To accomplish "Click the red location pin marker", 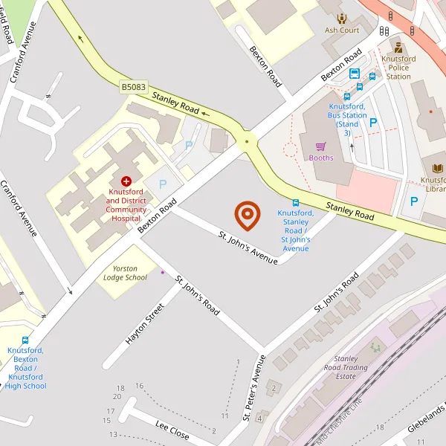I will pos(248,215).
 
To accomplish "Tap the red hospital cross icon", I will pos(126,181).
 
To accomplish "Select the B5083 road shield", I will pos(133,88).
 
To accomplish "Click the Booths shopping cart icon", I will pos(321,146).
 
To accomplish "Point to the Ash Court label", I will pos(342,30).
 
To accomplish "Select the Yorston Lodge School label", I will pos(125,272).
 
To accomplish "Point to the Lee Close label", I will pos(172,429).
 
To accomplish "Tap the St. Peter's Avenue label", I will pos(254,388).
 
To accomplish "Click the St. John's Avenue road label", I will pos(248,246).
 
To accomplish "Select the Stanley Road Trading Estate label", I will pos(346,367).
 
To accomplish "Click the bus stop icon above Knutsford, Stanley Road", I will pos(296,203).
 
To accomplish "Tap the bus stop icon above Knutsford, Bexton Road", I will pos(26,340).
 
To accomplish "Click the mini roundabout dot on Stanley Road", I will pos(247,140).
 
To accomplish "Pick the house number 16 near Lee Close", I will pos(139,386).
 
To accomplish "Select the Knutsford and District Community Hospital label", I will pos(126,205).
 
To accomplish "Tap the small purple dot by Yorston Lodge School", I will pos(162,272).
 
